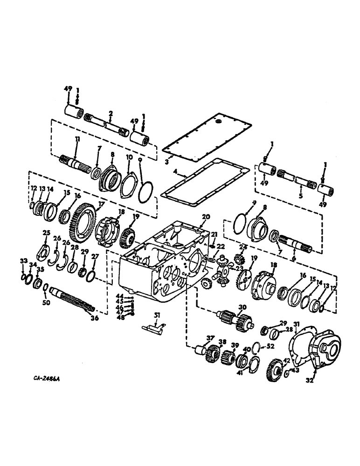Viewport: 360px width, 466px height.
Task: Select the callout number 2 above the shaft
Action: coord(111,113)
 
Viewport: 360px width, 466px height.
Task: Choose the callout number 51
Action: coord(157,316)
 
